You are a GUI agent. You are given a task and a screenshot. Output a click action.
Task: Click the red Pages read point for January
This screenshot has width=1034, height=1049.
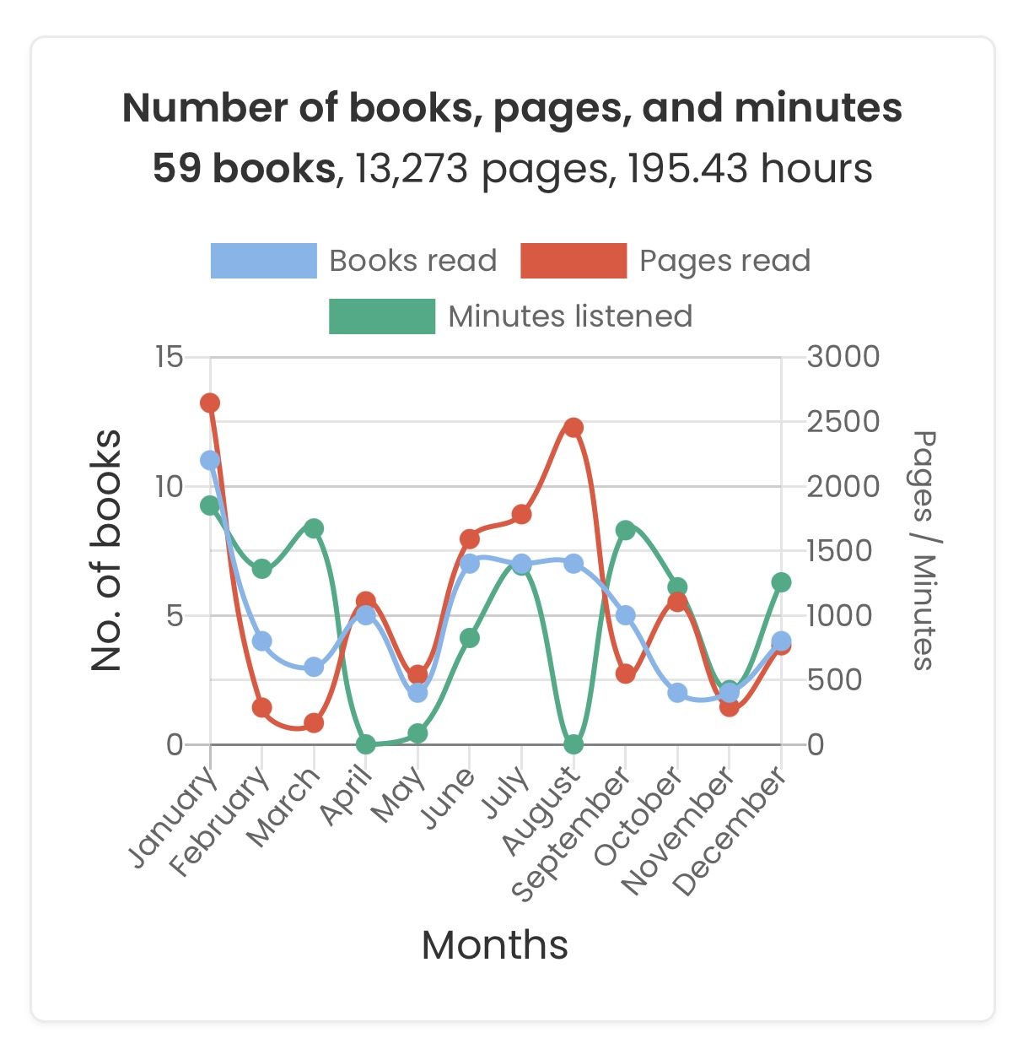[210, 403]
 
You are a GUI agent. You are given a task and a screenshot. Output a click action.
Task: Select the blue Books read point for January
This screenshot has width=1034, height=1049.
[210, 460]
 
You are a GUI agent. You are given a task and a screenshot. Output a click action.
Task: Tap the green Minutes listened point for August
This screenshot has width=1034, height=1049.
[574, 744]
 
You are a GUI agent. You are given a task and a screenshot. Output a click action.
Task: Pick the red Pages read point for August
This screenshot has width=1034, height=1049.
[574, 427]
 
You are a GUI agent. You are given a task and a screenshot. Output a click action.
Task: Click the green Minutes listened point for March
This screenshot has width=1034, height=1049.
[314, 528]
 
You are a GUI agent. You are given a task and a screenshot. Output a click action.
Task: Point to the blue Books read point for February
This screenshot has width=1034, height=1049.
[262, 641]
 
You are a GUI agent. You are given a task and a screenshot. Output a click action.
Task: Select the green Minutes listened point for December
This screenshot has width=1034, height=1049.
[781, 582]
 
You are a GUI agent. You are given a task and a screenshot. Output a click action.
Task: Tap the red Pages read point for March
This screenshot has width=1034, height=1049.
[314, 722]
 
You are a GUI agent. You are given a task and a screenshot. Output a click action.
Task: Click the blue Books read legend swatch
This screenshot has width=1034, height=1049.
[263, 261]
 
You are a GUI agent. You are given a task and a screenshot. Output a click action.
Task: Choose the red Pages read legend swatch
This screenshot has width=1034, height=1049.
[574, 261]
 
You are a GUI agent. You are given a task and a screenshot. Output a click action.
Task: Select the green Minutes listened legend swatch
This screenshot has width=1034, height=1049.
[382, 316]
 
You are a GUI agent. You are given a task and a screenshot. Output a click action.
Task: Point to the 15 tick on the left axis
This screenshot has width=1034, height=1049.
[169, 357]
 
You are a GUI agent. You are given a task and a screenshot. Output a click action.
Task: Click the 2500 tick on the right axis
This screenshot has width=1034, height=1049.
[843, 422]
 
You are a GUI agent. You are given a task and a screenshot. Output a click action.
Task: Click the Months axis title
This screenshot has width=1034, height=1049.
[495, 945]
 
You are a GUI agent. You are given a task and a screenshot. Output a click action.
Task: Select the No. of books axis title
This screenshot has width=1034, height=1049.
[107, 550]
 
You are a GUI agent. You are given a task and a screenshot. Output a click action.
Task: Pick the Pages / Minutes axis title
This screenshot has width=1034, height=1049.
[924, 550]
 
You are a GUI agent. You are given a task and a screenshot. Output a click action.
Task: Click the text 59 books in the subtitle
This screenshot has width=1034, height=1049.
[245, 169]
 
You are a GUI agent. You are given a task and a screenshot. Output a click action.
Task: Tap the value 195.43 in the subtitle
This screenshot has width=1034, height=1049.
[688, 169]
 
